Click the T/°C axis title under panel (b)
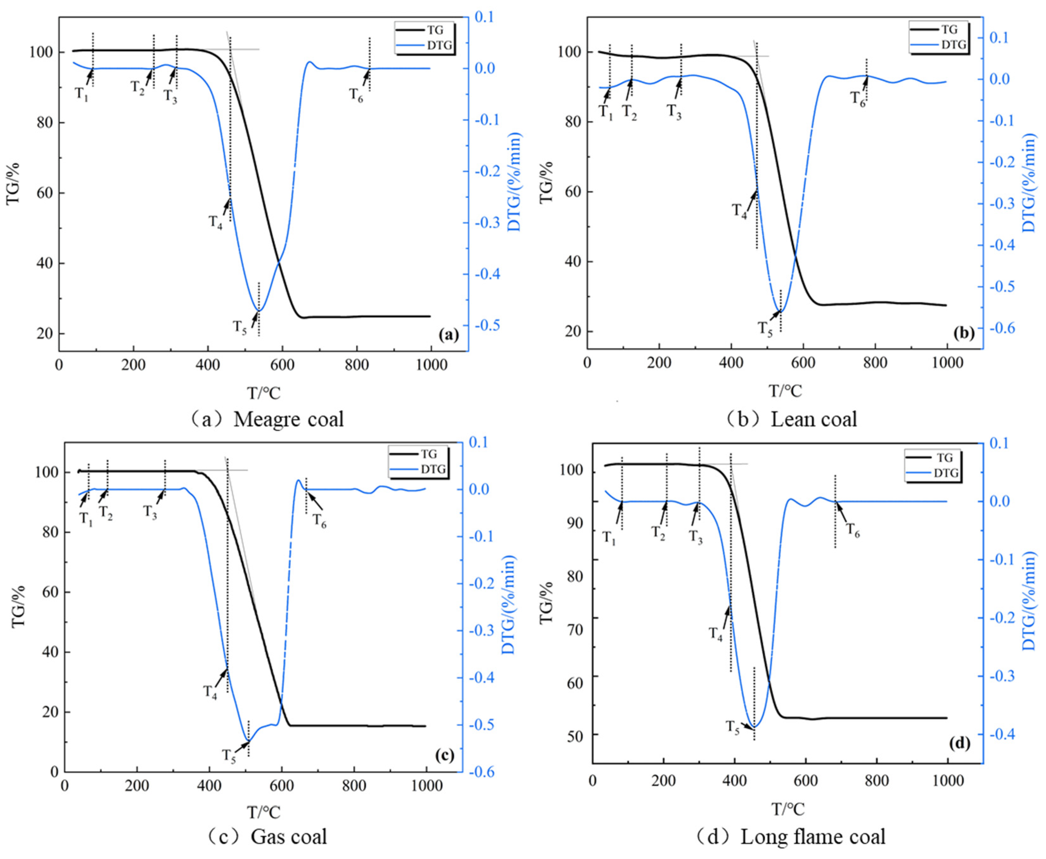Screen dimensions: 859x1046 pos(785,391)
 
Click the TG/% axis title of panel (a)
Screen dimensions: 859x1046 pos(13,183)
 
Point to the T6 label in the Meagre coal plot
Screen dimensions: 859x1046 pos(356,95)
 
